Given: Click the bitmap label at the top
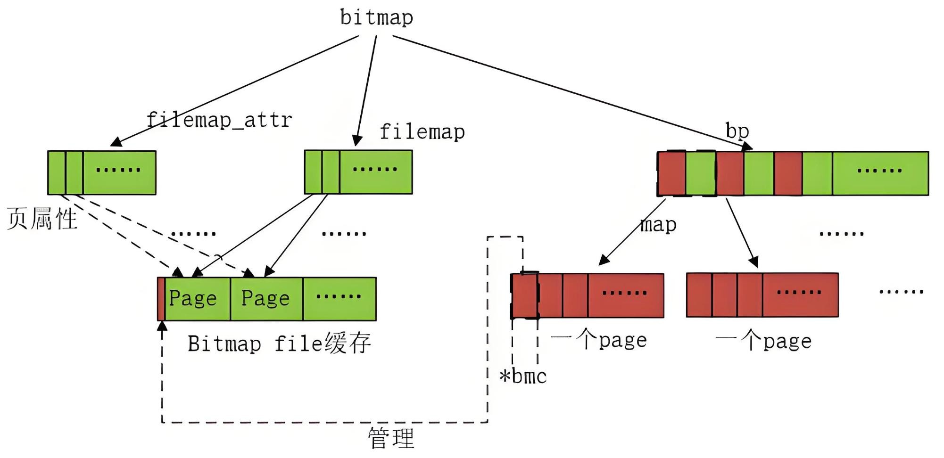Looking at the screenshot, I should tap(376, 18).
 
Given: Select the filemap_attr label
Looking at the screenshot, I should tap(219, 120).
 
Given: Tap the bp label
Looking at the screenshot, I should tap(737, 131).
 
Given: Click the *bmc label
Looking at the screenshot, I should tap(523, 376).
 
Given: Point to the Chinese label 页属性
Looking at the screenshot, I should tap(42, 219).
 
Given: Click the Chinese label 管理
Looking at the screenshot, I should tap(391, 438).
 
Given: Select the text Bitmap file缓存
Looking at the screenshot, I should tap(279, 343).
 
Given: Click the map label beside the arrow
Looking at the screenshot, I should tap(658, 224).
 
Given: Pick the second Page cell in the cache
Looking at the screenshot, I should tap(266, 299).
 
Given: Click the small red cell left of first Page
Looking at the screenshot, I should tap(161, 299).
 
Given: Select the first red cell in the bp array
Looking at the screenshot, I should tap(671, 173).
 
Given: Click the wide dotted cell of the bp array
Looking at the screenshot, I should tap(880, 173).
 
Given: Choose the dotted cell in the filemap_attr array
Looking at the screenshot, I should tap(119, 172).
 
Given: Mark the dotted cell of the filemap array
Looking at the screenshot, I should tap(375, 172).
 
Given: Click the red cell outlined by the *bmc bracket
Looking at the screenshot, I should tap(524, 295).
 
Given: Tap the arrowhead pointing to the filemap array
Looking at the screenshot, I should tap(357, 140).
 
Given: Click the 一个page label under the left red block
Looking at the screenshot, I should tap(599, 340).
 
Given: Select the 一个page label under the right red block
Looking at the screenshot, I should tap(763, 341).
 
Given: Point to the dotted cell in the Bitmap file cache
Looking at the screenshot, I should tap(339, 299).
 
